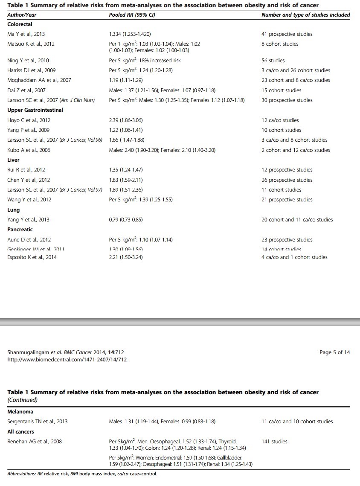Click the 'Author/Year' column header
(22, 15)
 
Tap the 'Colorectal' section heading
(20, 24)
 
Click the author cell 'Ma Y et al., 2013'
(26, 34)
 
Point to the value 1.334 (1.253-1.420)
(130, 34)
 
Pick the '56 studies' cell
(273, 61)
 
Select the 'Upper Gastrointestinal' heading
(35, 110)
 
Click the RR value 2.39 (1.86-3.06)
(126, 120)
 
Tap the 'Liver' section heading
(14, 160)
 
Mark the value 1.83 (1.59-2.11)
(126, 180)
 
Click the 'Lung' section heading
(14, 210)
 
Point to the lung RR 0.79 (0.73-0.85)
(126, 220)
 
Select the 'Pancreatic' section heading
(20, 230)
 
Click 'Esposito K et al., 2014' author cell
(32, 257)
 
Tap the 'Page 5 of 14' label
(334, 352)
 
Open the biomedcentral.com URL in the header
(67, 359)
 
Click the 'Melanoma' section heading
(20, 412)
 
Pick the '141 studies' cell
(274, 442)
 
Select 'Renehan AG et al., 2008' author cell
(35, 442)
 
